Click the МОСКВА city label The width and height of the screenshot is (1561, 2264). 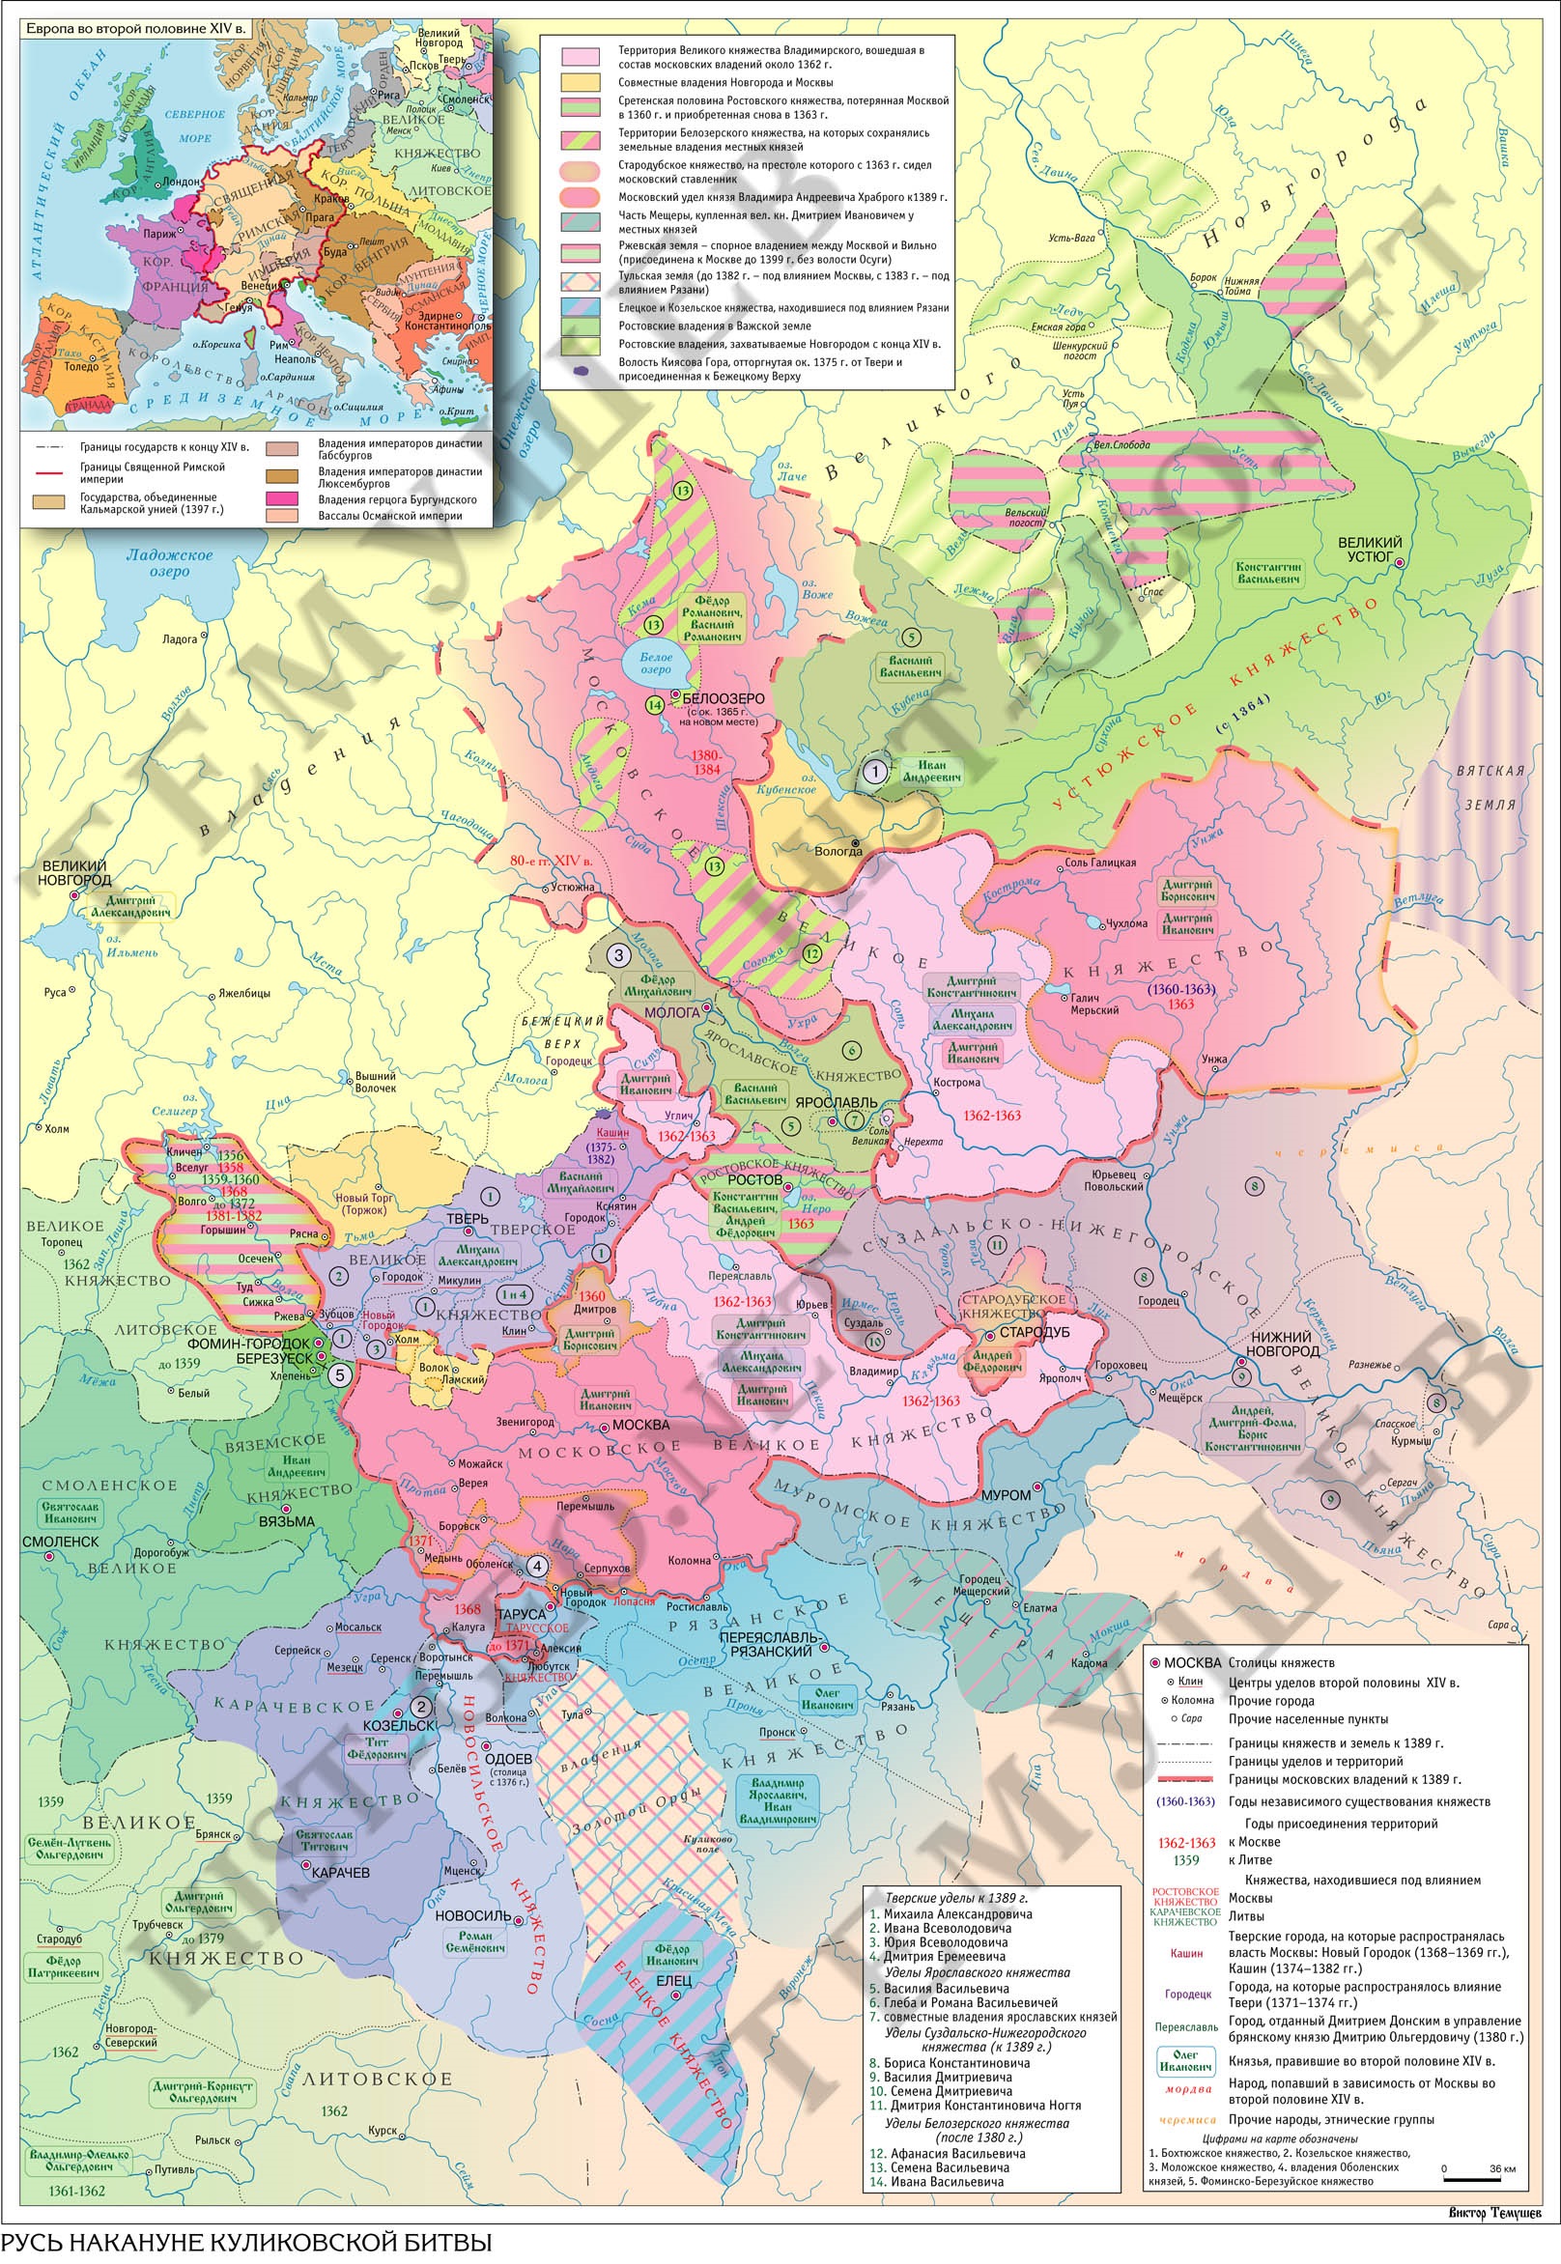click(640, 1425)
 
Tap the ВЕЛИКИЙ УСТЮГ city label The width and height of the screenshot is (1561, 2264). click(1370, 549)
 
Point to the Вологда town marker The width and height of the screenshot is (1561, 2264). click(855, 842)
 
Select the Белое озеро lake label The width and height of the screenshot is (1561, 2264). click(656, 665)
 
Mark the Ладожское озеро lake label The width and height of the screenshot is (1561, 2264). click(169, 562)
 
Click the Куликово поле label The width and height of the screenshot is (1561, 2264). click(708, 1845)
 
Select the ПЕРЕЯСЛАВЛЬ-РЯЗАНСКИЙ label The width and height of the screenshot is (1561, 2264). click(766, 1644)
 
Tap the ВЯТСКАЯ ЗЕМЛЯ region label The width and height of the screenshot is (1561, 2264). click(1490, 787)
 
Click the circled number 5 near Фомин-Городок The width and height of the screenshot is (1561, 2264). click(338, 1375)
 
